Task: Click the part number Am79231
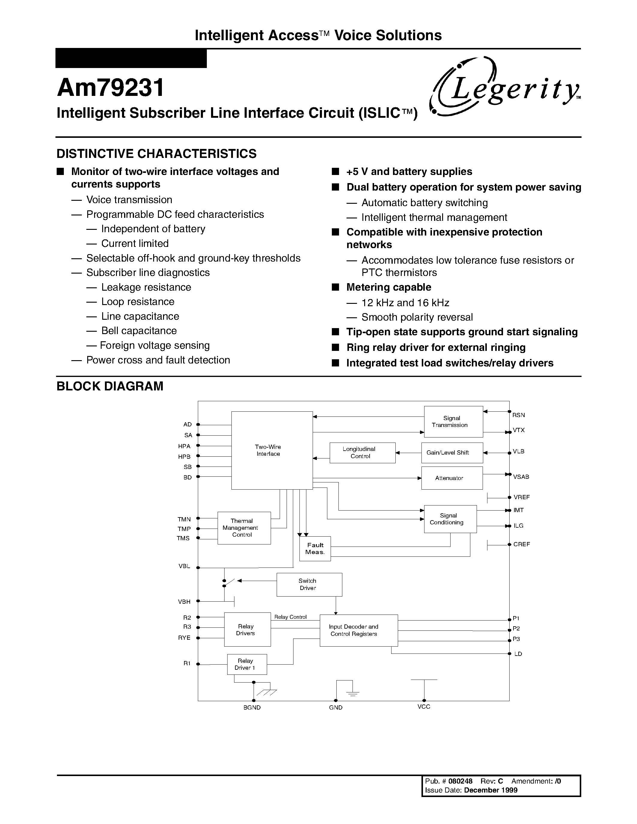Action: tap(111, 88)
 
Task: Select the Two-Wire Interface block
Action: tap(272, 450)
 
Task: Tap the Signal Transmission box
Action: tap(453, 421)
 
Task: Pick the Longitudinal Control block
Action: tap(362, 452)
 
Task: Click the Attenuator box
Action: tap(452, 478)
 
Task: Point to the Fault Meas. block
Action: tap(315, 549)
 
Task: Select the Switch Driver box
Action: tap(309, 584)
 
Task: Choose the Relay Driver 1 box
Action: tap(247, 664)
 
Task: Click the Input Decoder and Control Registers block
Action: tap(359, 630)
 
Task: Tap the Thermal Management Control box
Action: tap(244, 528)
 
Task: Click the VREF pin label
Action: tap(522, 497)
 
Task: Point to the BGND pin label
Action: tap(252, 708)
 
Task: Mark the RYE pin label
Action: tap(184, 638)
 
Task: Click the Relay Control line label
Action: tap(290, 617)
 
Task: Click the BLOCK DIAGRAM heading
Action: tap(110, 386)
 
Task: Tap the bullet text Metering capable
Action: tap(389, 287)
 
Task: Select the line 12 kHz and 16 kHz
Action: tap(405, 303)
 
